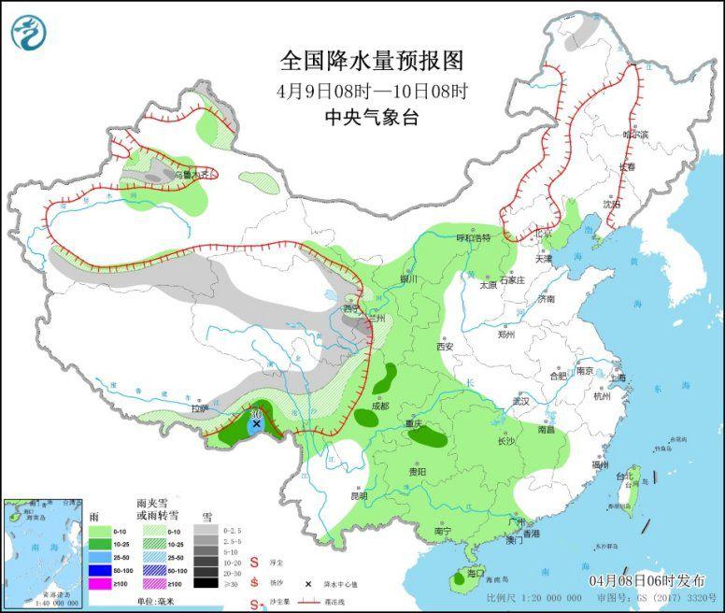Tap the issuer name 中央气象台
coord(371,117)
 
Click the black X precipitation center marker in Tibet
coord(256,423)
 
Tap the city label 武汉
coord(520,401)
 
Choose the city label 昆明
coord(360,495)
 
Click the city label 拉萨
coord(200,408)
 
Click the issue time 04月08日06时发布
coord(646,580)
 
